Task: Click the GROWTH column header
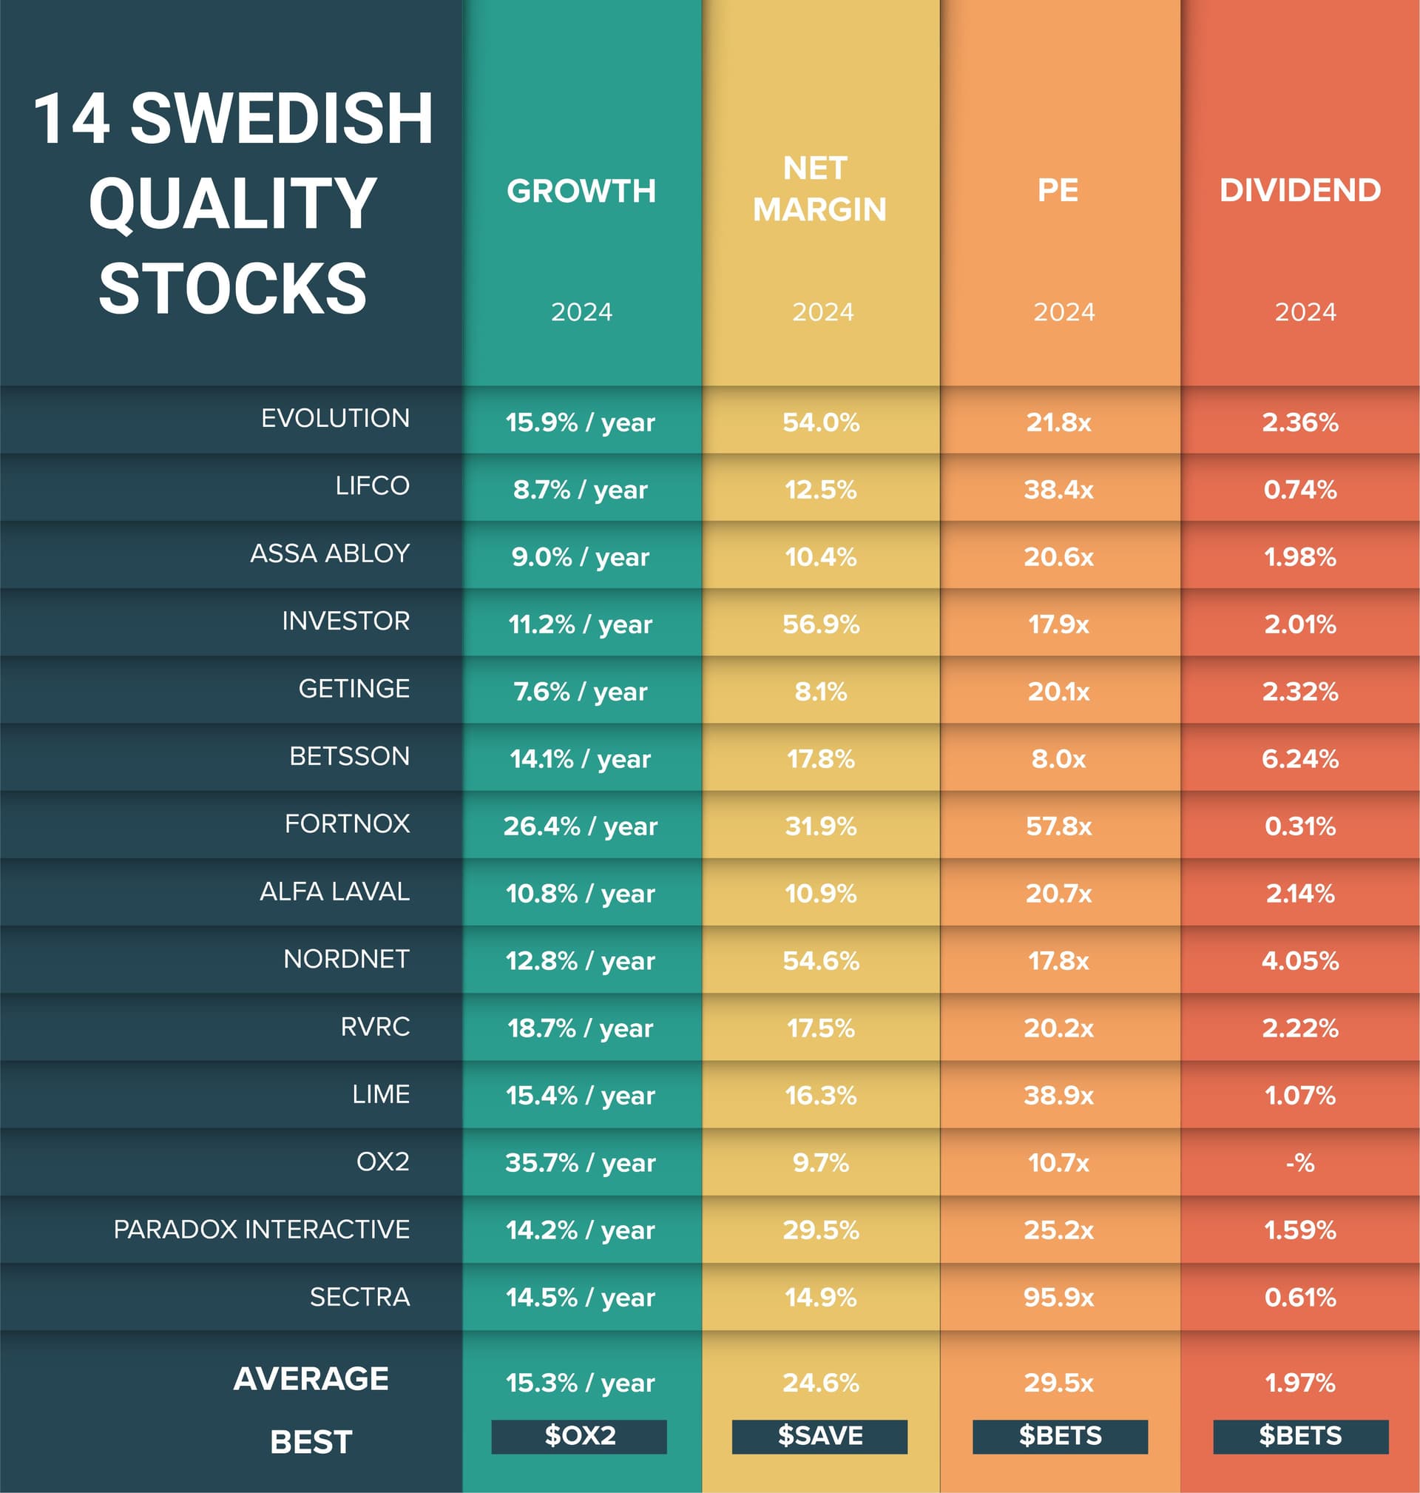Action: point(581,191)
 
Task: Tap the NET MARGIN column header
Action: point(819,189)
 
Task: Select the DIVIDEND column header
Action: point(1299,190)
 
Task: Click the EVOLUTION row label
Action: point(334,418)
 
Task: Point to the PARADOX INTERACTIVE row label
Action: point(261,1229)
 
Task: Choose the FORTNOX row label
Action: point(347,823)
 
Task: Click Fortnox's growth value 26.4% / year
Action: point(580,825)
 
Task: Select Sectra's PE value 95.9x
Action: point(1058,1297)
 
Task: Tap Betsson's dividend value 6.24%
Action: point(1299,758)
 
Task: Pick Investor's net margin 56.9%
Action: point(820,624)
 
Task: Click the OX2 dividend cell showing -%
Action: point(1299,1162)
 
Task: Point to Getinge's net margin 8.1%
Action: point(820,691)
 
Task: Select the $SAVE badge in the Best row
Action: point(819,1435)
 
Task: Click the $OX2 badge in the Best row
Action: point(579,1435)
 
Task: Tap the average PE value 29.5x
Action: point(1058,1383)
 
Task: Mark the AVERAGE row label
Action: point(311,1378)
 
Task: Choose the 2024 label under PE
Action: point(1064,312)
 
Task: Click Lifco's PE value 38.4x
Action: point(1058,489)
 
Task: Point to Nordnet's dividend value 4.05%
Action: point(1299,960)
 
